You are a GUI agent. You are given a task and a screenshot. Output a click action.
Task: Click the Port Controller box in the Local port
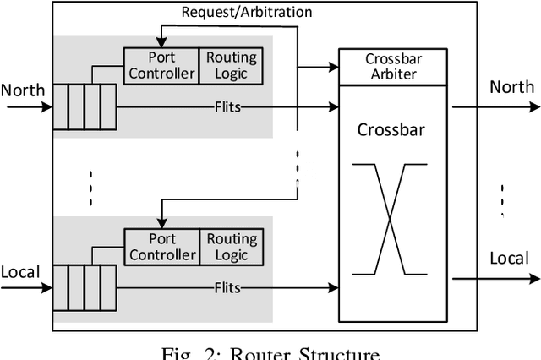click(161, 246)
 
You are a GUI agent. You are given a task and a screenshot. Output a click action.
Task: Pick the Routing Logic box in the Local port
click(231, 246)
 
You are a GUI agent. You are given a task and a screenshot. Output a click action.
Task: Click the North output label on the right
click(511, 87)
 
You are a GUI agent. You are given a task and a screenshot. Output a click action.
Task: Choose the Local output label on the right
click(509, 258)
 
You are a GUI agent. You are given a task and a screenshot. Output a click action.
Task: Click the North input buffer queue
click(83, 107)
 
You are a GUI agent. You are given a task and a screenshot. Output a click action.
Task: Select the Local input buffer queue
click(83, 288)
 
